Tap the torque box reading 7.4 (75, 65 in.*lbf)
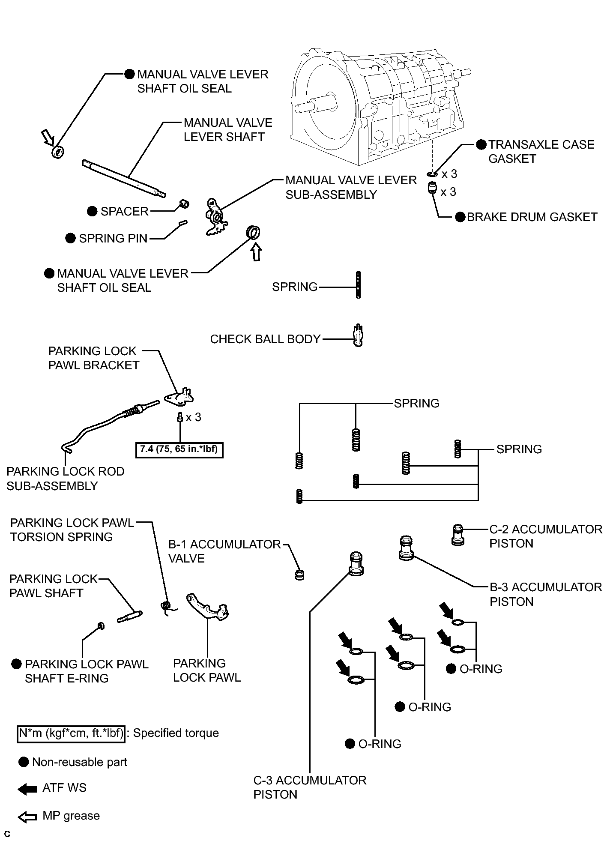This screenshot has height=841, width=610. tap(179, 449)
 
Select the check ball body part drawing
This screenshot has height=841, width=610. tap(359, 336)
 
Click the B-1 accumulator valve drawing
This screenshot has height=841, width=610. tap(300, 575)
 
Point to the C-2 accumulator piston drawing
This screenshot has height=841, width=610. tap(458, 535)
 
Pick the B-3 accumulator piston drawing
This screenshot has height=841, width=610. tap(406, 548)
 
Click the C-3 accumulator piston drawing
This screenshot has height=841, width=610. tap(356, 563)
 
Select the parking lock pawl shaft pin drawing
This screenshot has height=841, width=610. tap(129, 617)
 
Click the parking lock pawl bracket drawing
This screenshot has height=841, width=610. tap(179, 396)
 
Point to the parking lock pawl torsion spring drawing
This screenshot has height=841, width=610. tap(167, 608)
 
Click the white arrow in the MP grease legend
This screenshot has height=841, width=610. tap(27, 817)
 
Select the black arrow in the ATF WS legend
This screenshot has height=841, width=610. tap(27, 789)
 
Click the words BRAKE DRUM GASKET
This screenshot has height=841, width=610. tap(532, 217)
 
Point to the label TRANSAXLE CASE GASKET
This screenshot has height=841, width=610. tap(541, 152)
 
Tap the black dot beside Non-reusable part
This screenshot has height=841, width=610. tap(24, 762)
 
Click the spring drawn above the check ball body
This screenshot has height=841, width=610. tap(358, 285)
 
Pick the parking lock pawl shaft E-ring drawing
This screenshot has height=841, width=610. tap(102, 626)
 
